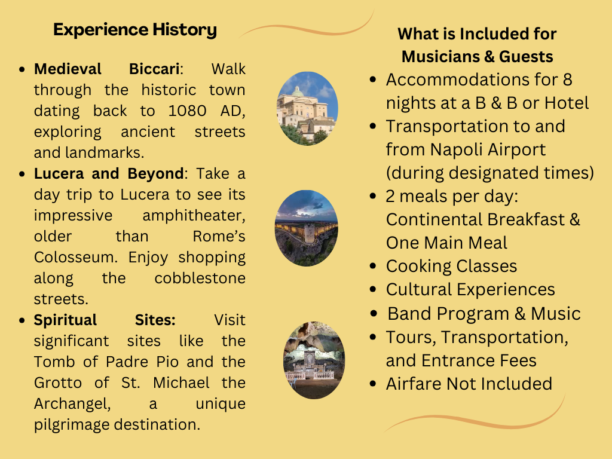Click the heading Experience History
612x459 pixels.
click(x=135, y=30)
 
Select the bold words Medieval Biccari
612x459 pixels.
click(x=106, y=69)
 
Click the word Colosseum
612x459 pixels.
click(x=75, y=257)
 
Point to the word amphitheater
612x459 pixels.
click(x=194, y=215)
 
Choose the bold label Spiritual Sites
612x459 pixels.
click(x=105, y=320)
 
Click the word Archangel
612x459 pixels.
click(x=72, y=404)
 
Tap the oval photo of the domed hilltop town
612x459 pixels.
click(x=307, y=109)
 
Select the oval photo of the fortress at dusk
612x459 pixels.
click(x=307, y=228)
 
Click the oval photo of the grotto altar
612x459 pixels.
click(x=314, y=360)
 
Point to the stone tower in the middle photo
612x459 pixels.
click(x=310, y=233)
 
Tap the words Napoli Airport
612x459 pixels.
click(x=488, y=150)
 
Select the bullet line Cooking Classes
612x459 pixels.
click(x=451, y=266)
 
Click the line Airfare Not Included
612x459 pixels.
click(x=469, y=384)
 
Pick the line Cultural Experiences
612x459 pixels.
click(x=470, y=290)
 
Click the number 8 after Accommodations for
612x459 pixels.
click(x=568, y=80)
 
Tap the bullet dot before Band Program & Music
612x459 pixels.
click(x=374, y=313)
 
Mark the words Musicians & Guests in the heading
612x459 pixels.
click(x=478, y=57)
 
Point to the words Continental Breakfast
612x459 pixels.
click(x=475, y=220)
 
